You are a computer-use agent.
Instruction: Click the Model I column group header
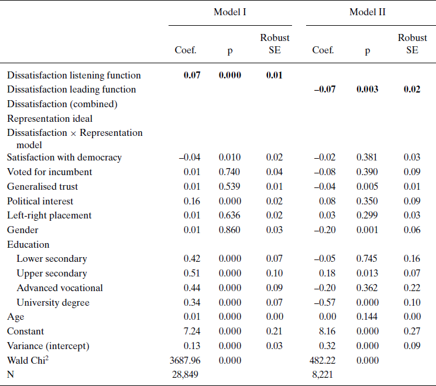click(x=229, y=12)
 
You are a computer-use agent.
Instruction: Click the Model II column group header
click(x=367, y=12)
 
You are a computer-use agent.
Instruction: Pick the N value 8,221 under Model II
click(x=323, y=374)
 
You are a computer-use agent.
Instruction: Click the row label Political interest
click(x=40, y=201)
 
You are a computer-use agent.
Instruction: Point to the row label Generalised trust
click(x=42, y=186)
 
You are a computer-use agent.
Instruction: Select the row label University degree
click(x=53, y=302)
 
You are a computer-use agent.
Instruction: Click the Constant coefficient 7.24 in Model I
click(x=191, y=331)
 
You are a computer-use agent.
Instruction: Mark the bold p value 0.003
click(x=367, y=90)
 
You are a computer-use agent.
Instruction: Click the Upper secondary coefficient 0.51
click(x=191, y=274)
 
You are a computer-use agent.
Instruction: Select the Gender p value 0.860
click(x=229, y=230)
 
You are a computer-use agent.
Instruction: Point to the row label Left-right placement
click(x=49, y=215)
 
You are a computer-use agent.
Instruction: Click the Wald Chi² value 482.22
click(x=323, y=360)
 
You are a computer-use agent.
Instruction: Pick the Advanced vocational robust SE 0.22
click(x=412, y=288)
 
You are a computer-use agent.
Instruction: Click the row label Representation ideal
click(x=50, y=118)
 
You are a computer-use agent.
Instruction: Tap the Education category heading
click(x=28, y=244)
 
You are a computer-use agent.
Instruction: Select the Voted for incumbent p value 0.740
click(x=229, y=172)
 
